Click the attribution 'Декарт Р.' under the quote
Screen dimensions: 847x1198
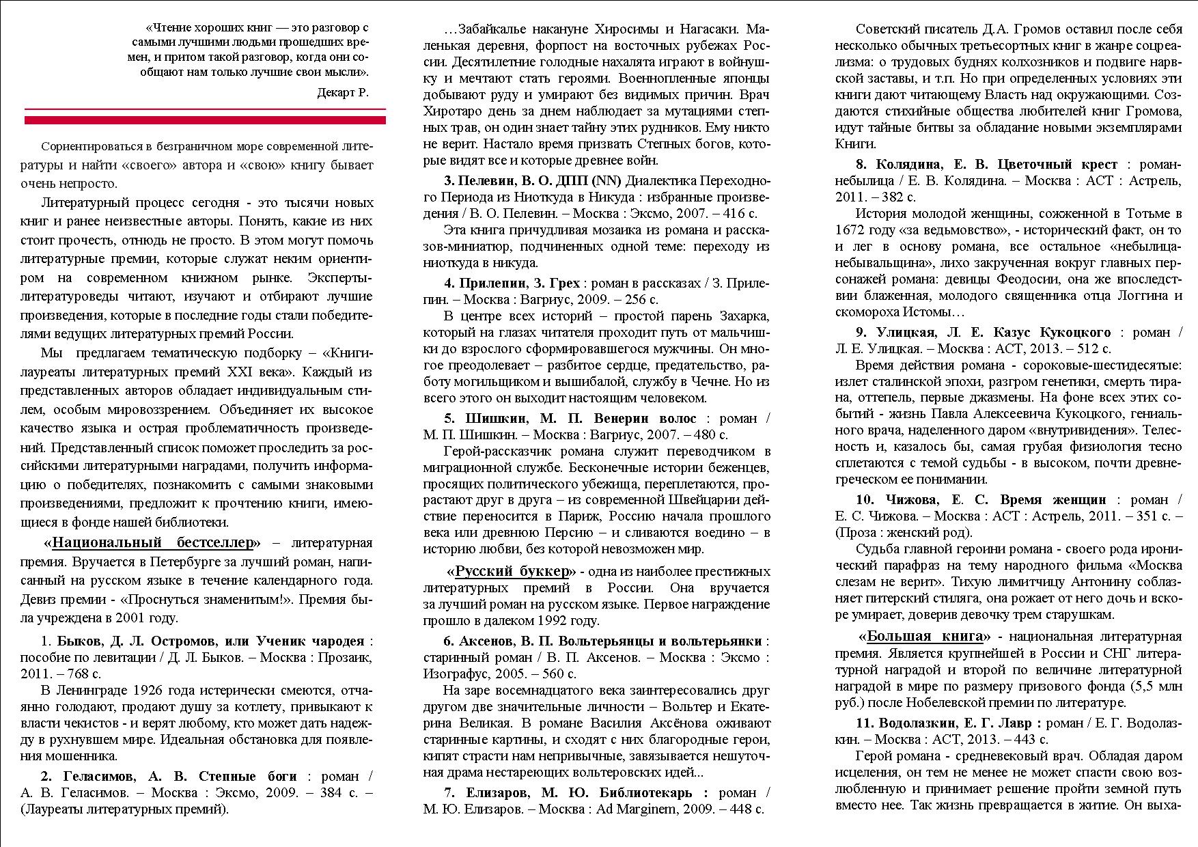click(x=342, y=94)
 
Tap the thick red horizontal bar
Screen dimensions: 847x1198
click(x=205, y=120)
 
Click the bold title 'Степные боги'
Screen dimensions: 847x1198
click(x=248, y=777)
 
